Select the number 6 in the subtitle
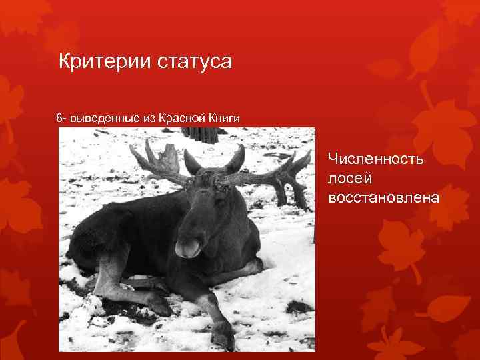61,118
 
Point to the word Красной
185,118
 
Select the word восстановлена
383,197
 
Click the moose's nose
189,248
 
